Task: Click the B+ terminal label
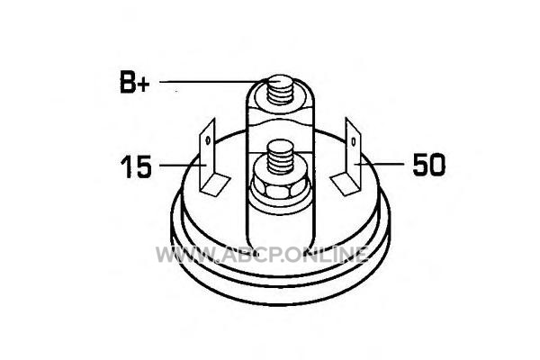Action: pyautogui.click(x=135, y=82)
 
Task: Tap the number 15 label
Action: pyautogui.click(x=136, y=166)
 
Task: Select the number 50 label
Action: pyautogui.click(x=428, y=165)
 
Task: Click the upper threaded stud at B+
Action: pyautogui.click(x=280, y=90)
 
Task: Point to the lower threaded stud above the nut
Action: pyautogui.click(x=280, y=157)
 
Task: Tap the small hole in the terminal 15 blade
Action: pyautogui.click(x=208, y=140)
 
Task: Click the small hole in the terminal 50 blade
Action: pyautogui.click(x=354, y=141)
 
